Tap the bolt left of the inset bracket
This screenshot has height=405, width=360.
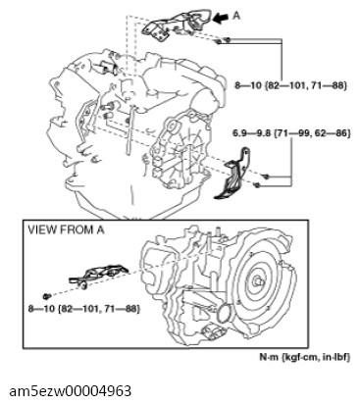[x=47, y=295]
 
